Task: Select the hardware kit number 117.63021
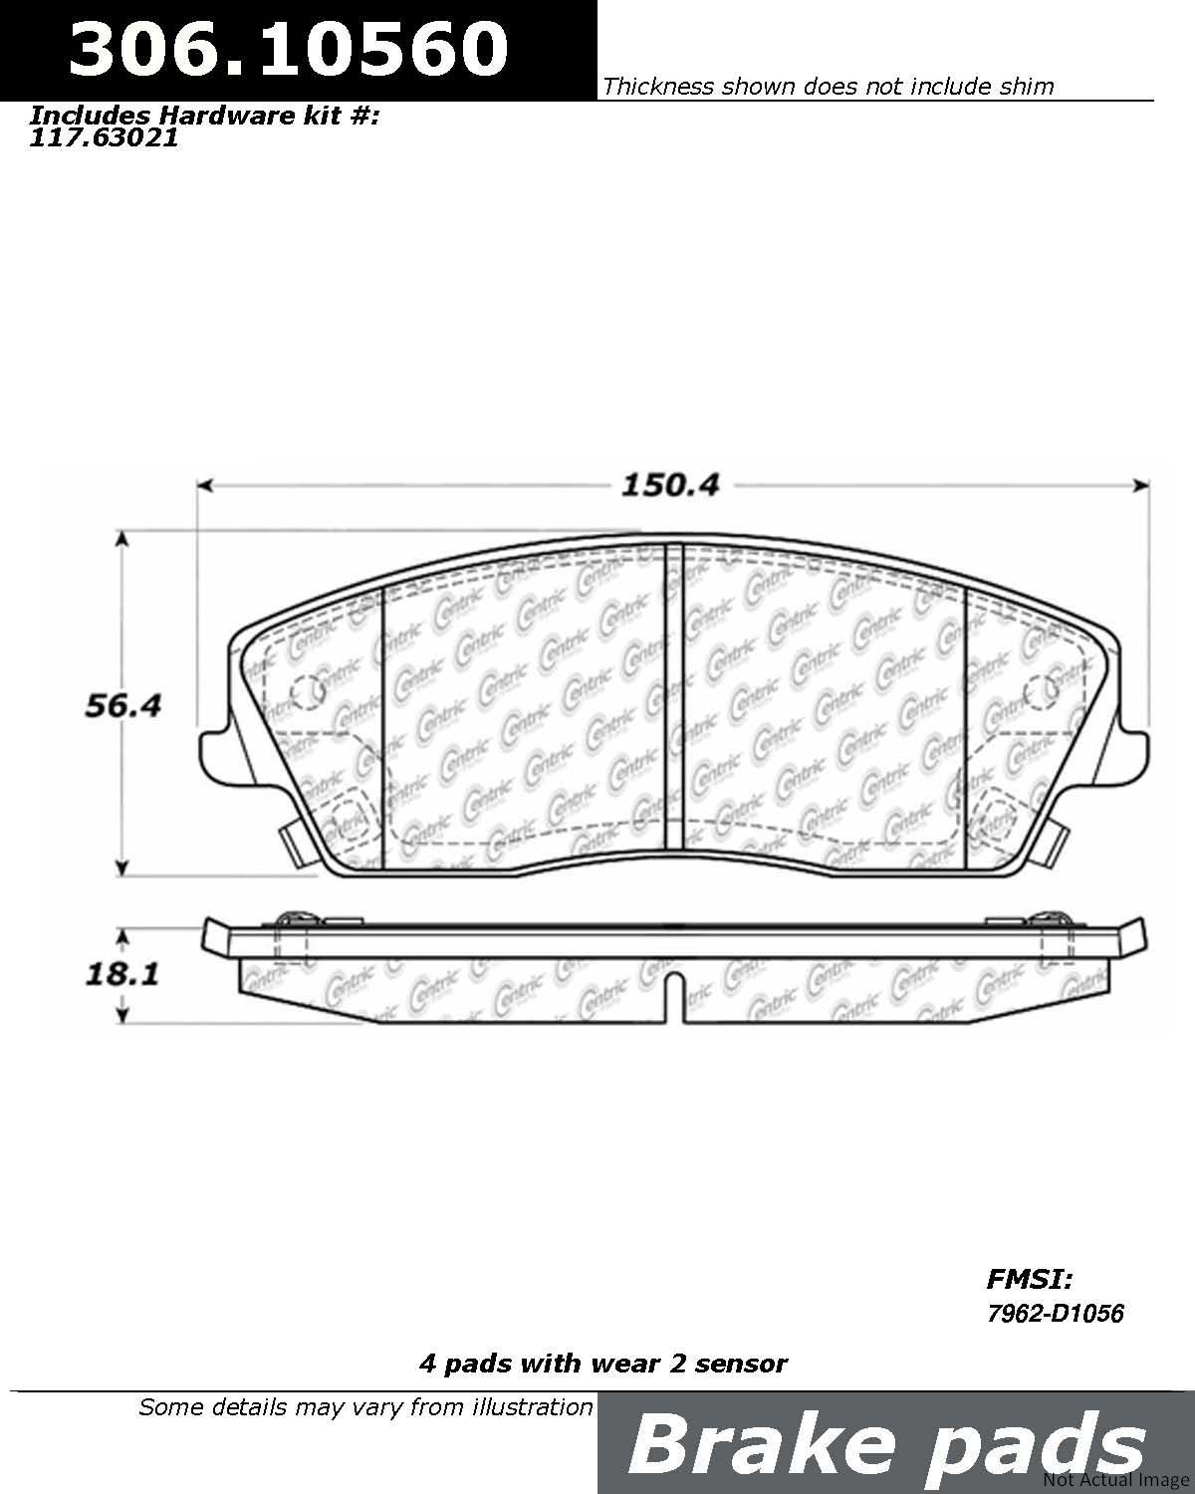click(104, 138)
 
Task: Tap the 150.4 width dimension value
click(670, 485)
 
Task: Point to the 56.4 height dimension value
click(122, 705)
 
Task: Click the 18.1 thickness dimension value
click(122, 975)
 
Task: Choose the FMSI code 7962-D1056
click(1055, 1313)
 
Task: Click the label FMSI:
click(1029, 1279)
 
